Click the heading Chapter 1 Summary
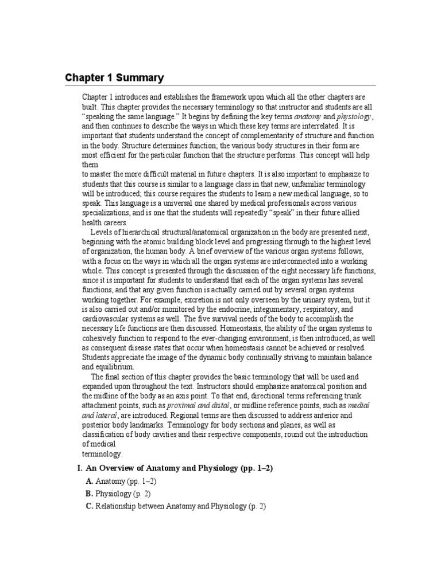pos(114,78)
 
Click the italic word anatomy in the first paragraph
pos(308,116)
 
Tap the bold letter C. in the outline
pos(89,506)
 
